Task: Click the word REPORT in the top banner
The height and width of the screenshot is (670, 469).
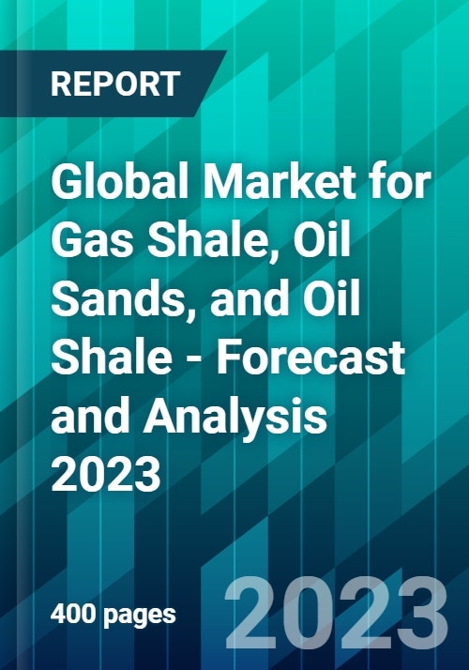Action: coord(113,84)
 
